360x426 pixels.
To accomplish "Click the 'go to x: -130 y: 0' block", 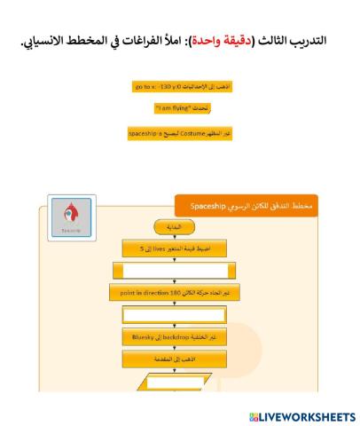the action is coord(180,87).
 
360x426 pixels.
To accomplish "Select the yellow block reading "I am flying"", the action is coord(180,110).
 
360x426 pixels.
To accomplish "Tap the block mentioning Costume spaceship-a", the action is coord(180,134).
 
